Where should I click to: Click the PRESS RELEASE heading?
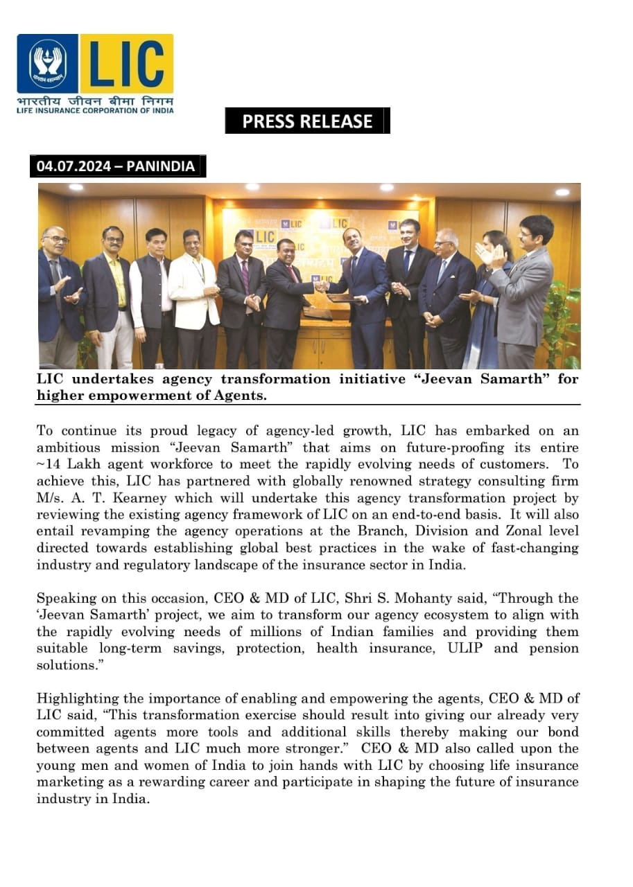coord(307,121)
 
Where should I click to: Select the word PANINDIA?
coord(160,166)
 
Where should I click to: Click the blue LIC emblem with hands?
coord(48,64)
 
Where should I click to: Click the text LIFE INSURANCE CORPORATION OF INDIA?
coord(95,110)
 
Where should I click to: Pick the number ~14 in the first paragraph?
coord(50,464)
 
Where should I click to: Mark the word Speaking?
coord(63,598)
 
